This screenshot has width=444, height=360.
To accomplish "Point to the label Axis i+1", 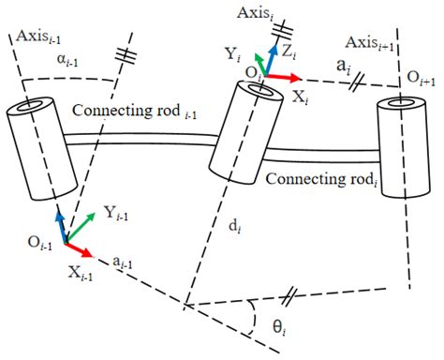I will pyautogui.click(x=372, y=44).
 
